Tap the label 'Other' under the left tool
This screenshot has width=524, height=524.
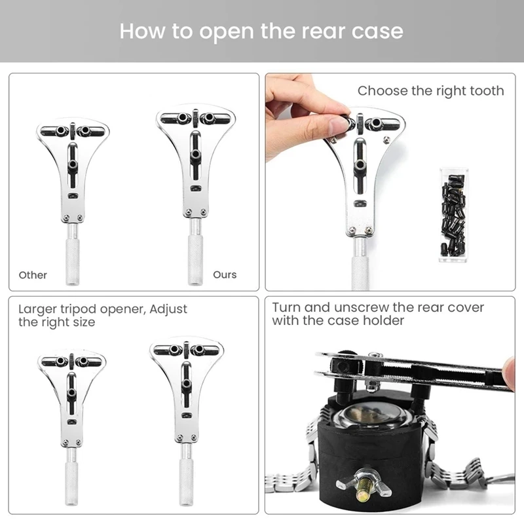click(x=33, y=275)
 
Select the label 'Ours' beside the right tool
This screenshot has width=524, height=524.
click(x=225, y=275)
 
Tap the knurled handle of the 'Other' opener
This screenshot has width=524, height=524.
click(x=73, y=262)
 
